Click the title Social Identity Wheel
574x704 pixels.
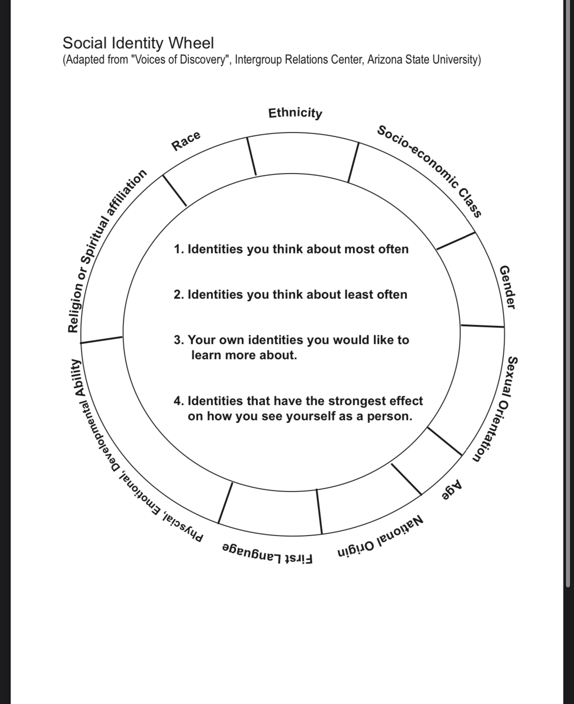point(138,43)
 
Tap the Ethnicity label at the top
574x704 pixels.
point(295,113)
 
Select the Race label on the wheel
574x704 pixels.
point(186,140)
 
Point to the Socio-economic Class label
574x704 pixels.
point(429,171)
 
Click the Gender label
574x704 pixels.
point(507,287)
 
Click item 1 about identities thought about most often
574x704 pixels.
point(291,249)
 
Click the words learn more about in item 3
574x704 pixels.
point(244,355)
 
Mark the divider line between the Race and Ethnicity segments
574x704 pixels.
point(252,156)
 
